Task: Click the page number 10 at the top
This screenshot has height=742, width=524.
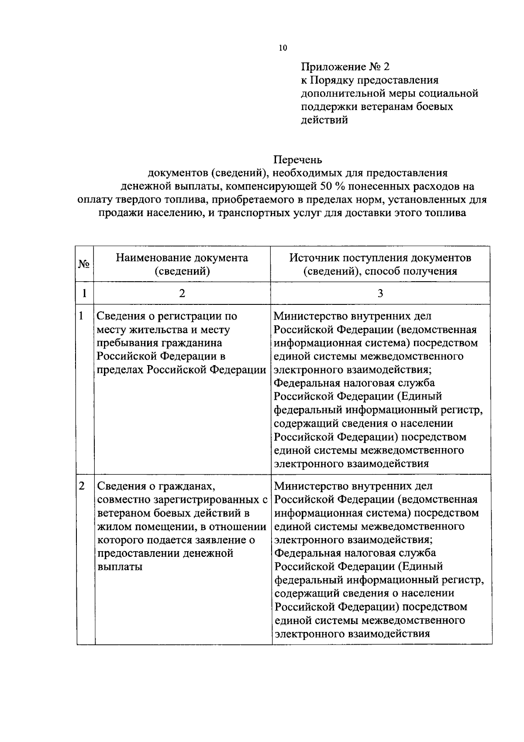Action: click(283, 48)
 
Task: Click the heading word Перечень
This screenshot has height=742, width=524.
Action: click(298, 160)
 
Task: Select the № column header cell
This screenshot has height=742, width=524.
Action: click(84, 264)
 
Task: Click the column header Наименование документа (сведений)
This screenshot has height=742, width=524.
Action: click(182, 264)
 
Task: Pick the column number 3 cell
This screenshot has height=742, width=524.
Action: click(380, 293)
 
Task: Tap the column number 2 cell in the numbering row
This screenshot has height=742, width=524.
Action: click(182, 293)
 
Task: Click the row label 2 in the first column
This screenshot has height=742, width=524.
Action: click(82, 486)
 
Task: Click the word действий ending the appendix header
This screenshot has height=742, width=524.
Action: click(324, 120)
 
